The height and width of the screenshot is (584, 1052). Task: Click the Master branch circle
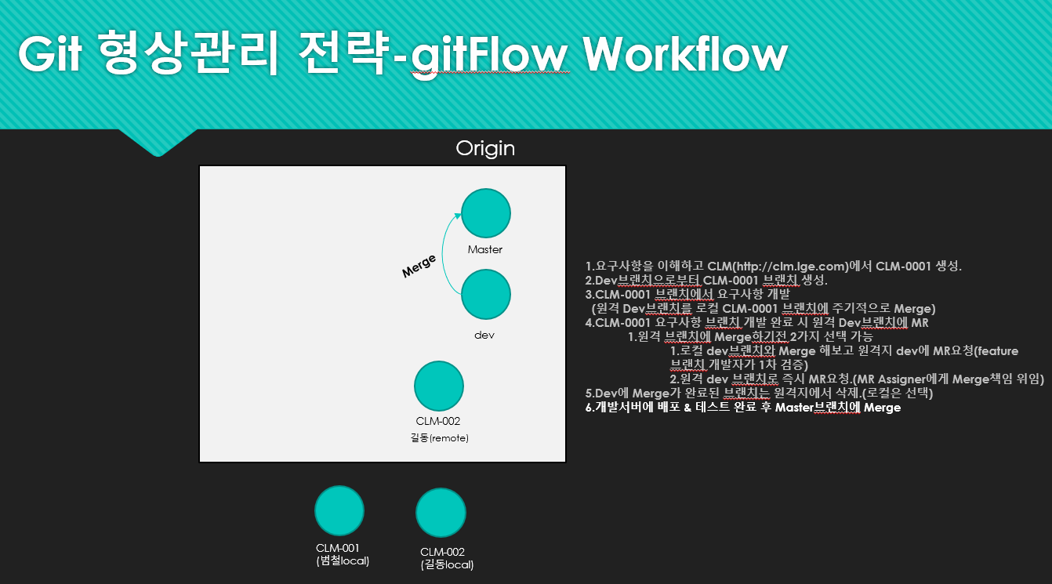pyautogui.click(x=485, y=213)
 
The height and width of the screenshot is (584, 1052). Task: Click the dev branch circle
pyautogui.click(x=485, y=294)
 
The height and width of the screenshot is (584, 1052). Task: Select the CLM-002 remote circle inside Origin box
pyautogui.click(x=439, y=386)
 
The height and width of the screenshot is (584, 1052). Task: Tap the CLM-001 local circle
pyautogui.click(x=339, y=511)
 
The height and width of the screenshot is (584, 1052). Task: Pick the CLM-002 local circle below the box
pyautogui.click(x=441, y=513)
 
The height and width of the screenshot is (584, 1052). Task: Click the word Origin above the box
pyautogui.click(x=485, y=148)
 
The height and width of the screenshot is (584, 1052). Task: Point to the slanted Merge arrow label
pyautogui.click(x=419, y=267)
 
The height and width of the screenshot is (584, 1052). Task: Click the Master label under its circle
pyautogui.click(x=484, y=249)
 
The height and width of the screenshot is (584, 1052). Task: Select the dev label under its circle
pyautogui.click(x=484, y=335)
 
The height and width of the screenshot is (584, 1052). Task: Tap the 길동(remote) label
pyautogui.click(x=439, y=438)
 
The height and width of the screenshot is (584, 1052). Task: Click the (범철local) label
pyautogui.click(x=343, y=560)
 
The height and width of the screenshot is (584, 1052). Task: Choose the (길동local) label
pyautogui.click(x=447, y=564)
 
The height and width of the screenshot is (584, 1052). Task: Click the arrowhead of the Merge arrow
pyautogui.click(x=458, y=216)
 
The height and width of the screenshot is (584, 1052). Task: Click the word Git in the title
pyautogui.click(x=50, y=54)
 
